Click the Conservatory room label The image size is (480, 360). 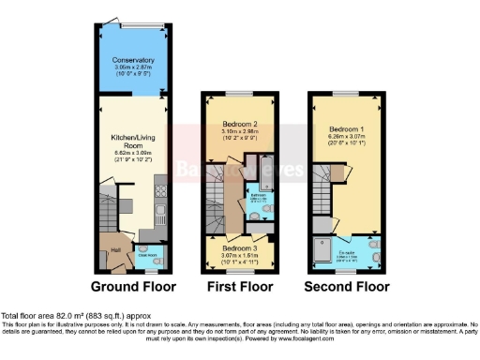pyautogui.click(x=133, y=60)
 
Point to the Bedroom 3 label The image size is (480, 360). pyautogui.click(x=238, y=247)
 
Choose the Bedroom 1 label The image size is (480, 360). pyautogui.click(x=345, y=126)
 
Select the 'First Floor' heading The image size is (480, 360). pyautogui.click(x=239, y=285)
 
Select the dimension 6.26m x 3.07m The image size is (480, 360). pyautogui.click(x=345, y=136)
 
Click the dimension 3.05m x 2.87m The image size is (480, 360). pyautogui.click(x=133, y=68)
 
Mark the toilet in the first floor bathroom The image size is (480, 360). pyautogui.click(x=256, y=215)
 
